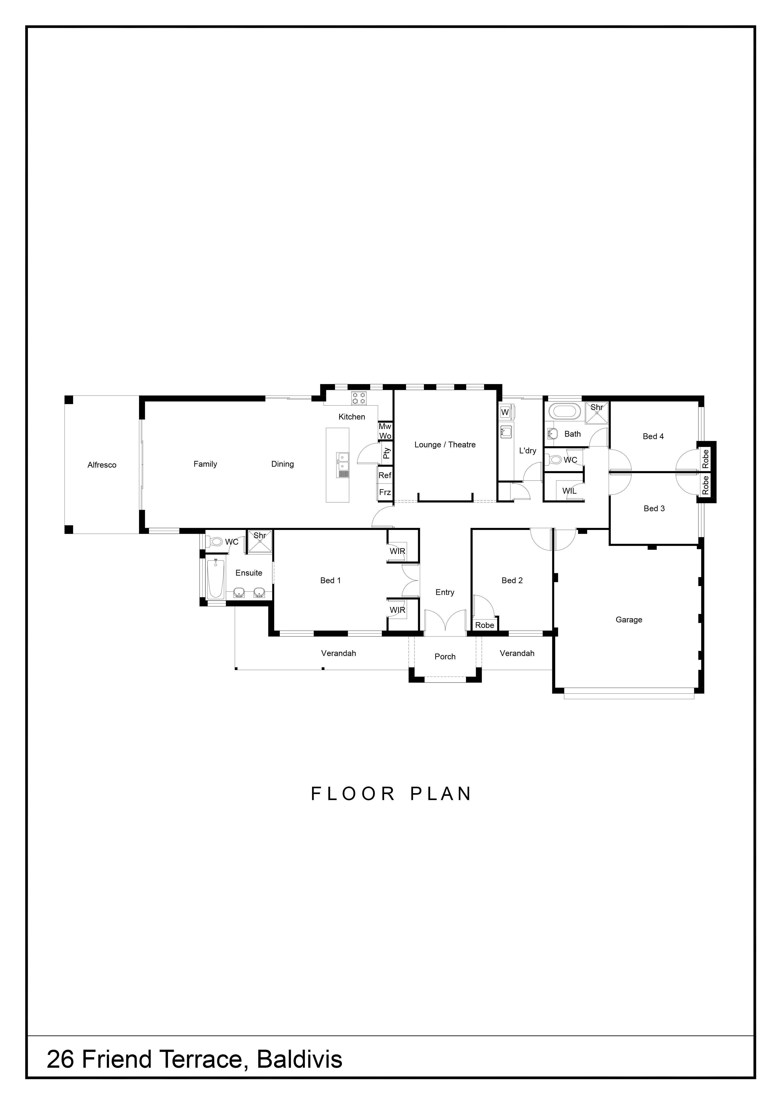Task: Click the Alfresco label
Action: [x=102, y=465]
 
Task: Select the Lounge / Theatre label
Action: [x=445, y=445]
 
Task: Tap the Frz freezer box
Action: [x=385, y=492]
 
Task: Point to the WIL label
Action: [x=569, y=491]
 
